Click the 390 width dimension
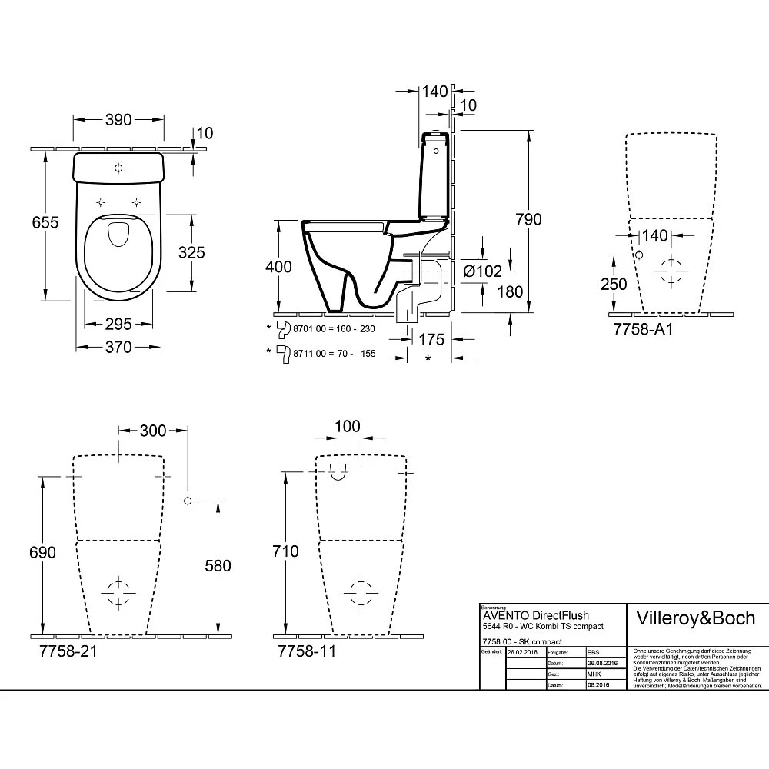[118, 119]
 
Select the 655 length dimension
[45, 221]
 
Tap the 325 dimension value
[190, 252]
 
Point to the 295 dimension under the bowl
[118, 325]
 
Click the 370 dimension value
[118, 347]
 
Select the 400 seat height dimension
[278, 267]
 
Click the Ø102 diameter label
[483, 271]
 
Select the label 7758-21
[66, 651]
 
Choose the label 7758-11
[305, 651]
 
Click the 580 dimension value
[217, 566]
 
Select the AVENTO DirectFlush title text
[535, 615]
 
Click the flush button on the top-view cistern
[118, 168]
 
